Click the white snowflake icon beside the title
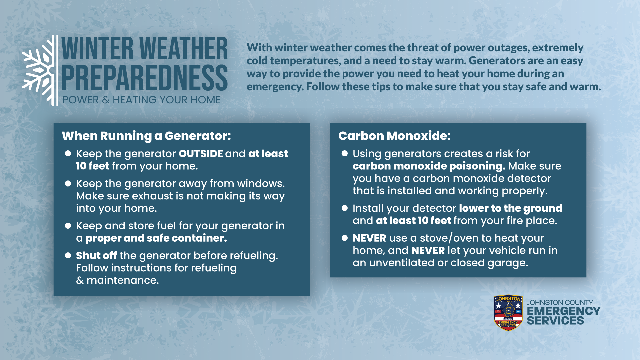(38, 70)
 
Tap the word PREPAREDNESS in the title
(144, 78)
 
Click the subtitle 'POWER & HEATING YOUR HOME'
(141, 100)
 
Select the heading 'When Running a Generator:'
(146, 136)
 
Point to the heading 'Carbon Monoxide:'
(394, 136)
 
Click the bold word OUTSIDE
(201, 154)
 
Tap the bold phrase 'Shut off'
(96, 256)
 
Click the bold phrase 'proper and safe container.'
(156, 238)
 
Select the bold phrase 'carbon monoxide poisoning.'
(429, 166)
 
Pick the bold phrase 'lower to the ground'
(510, 208)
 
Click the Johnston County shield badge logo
(508, 313)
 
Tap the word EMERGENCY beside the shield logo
(563, 311)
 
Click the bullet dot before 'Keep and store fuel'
(68, 226)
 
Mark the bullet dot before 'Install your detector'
(345, 208)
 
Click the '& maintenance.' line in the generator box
(117, 280)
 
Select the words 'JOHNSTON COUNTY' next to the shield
(560, 302)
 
